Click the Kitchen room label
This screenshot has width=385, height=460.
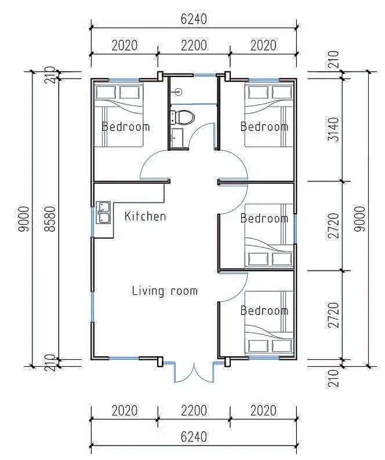pyautogui.click(x=145, y=216)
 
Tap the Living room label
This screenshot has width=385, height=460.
pyautogui.click(x=165, y=291)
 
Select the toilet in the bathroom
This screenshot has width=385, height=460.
pyautogui.click(x=183, y=117)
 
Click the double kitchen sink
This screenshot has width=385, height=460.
pyautogui.click(x=103, y=213)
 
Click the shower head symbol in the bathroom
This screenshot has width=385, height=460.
pyautogui.click(x=178, y=92)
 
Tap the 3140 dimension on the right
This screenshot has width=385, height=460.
pyautogui.click(x=333, y=129)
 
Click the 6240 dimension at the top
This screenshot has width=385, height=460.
pyautogui.click(x=194, y=19)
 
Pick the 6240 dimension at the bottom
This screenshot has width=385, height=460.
pyautogui.click(x=194, y=437)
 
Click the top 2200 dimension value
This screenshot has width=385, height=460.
pyautogui.click(x=194, y=45)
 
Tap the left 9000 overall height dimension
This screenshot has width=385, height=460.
pyautogui.click(x=24, y=219)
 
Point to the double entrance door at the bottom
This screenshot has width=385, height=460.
pyautogui.click(x=194, y=373)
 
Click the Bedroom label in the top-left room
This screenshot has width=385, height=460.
pyautogui.click(x=126, y=127)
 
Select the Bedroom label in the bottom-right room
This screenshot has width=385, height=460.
pyautogui.click(x=264, y=311)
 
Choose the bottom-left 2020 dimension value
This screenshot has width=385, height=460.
pyautogui.click(x=125, y=411)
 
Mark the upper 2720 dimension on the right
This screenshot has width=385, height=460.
pyautogui.click(x=333, y=225)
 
